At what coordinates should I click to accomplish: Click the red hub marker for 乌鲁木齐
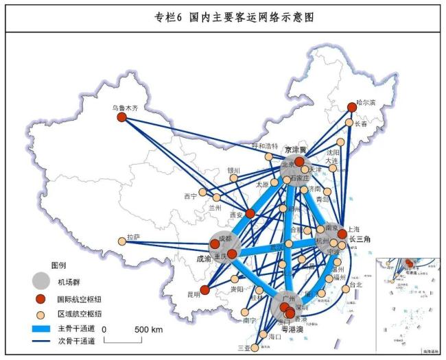(122, 117)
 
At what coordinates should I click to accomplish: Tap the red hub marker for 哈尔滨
(352, 107)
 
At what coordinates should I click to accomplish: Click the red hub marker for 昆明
(204, 290)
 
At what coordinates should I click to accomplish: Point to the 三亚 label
(244, 348)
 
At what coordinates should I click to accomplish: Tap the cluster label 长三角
(360, 239)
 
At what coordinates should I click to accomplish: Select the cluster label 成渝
(204, 260)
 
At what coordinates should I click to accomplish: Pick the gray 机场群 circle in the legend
(41, 280)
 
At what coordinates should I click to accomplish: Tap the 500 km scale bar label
(149, 329)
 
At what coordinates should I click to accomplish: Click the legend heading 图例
(59, 264)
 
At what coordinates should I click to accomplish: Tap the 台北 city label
(355, 283)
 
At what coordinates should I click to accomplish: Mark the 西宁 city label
(190, 196)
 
